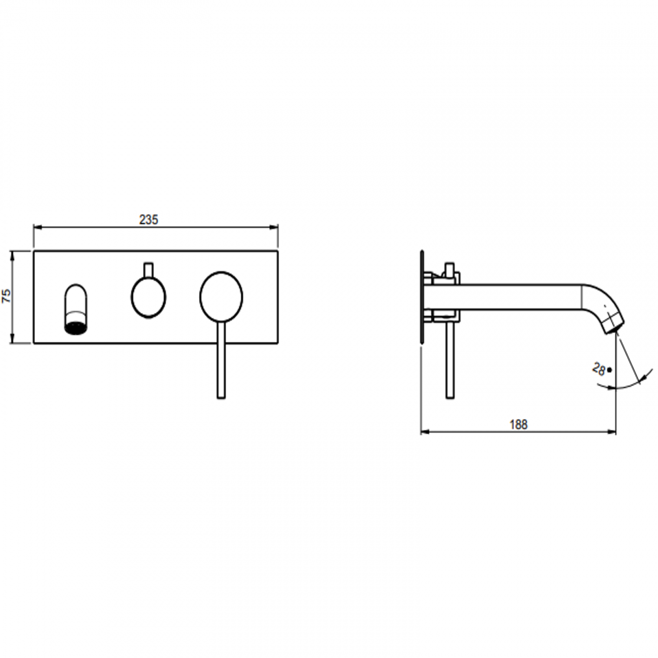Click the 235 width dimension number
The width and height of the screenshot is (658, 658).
(x=148, y=220)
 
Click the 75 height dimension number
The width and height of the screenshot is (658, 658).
(x=7, y=297)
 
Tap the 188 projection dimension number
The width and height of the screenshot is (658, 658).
(x=518, y=425)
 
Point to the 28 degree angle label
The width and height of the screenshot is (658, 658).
(x=599, y=369)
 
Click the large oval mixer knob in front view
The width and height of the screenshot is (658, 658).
(x=221, y=296)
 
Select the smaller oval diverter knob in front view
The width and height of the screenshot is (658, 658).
(x=148, y=298)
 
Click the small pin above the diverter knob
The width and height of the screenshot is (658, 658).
(x=148, y=270)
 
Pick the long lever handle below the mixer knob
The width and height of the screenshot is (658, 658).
(x=221, y=359)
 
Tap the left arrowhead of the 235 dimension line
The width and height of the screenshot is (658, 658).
(x=36, y=228)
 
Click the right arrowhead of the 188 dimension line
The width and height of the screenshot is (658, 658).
(x=613, y=432)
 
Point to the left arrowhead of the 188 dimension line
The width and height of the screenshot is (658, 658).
(x=424, y=432)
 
